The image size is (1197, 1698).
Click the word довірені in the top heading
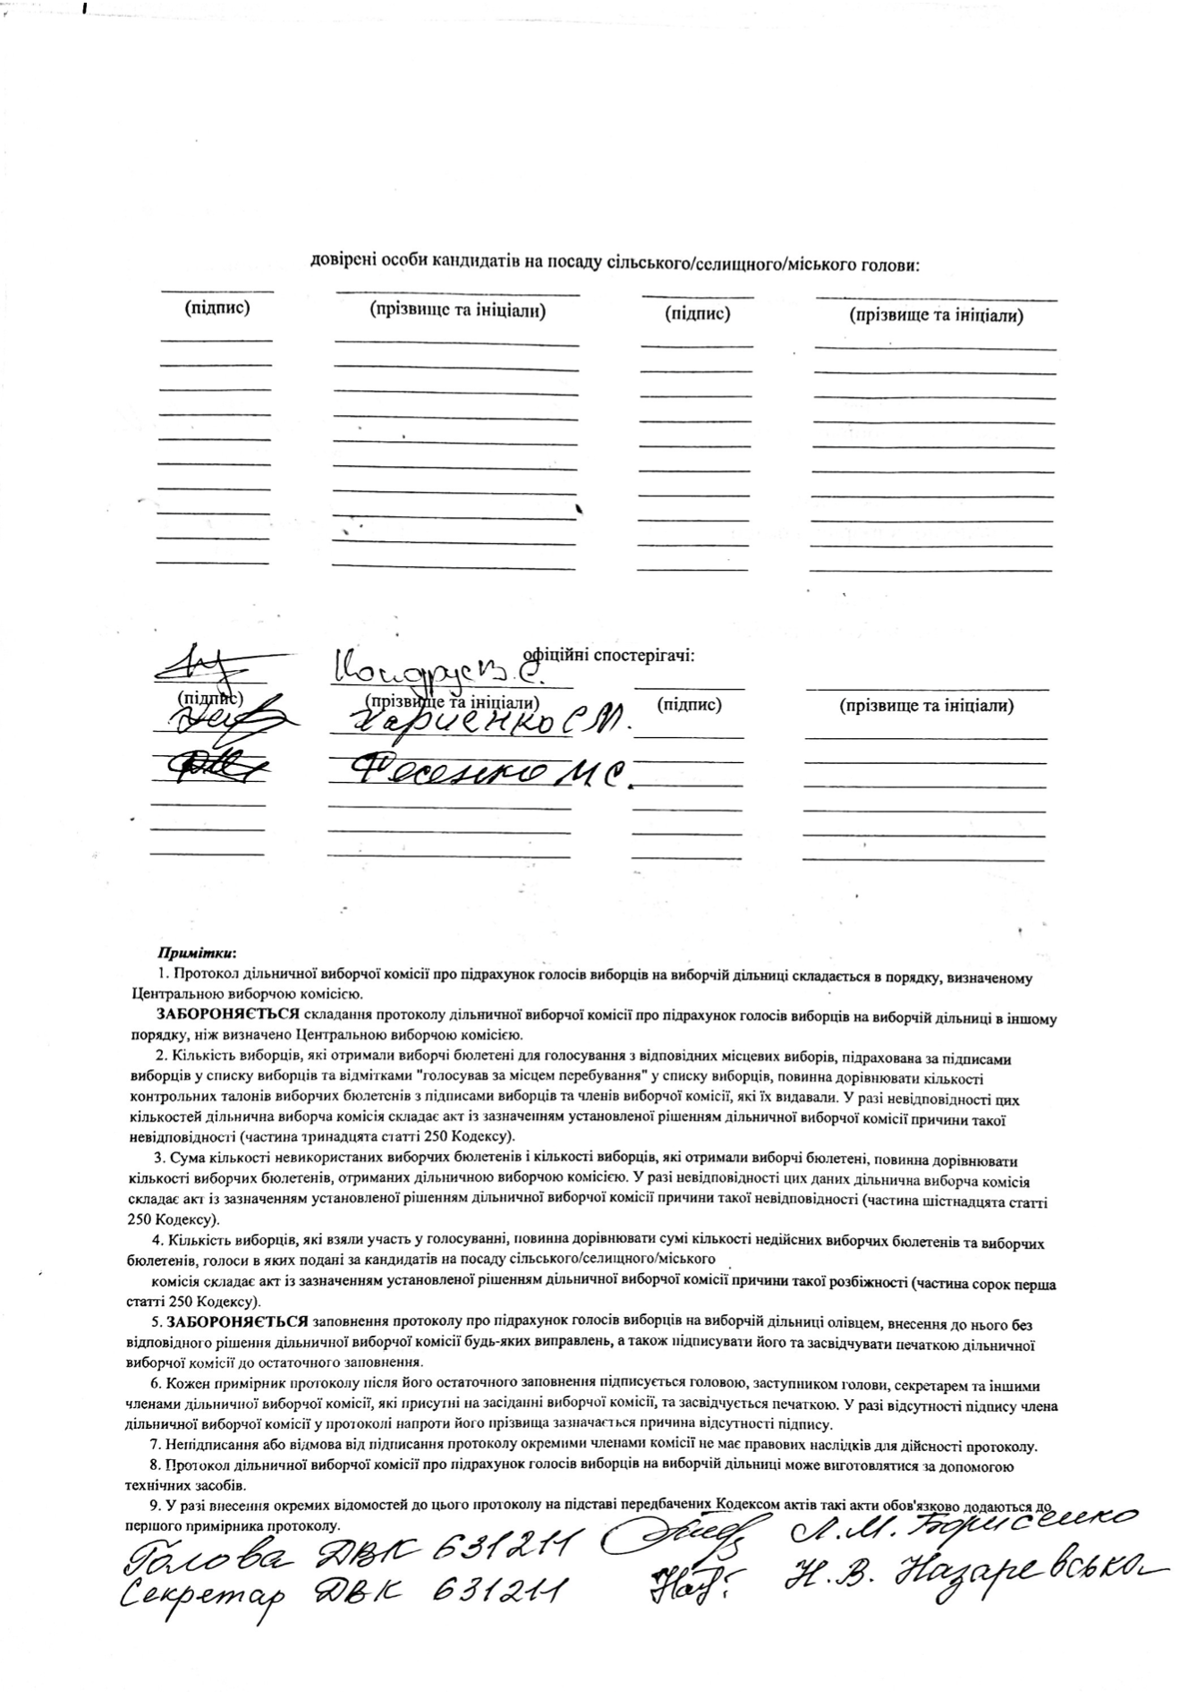point(339,264)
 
